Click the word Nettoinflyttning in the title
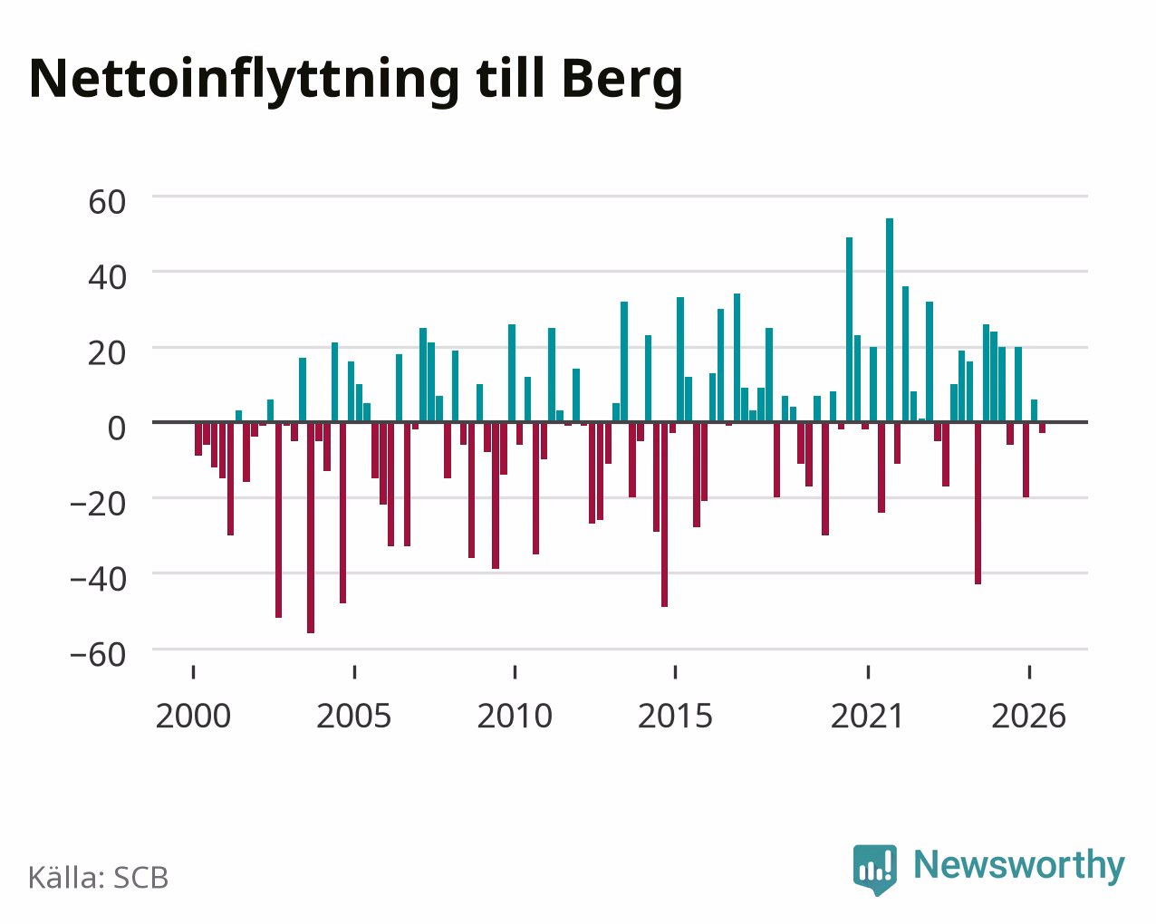point(244,80)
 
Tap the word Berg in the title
point(622,80)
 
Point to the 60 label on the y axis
point(108,203)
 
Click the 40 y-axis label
point(108,278)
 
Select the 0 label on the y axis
point(117,428)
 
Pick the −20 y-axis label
point(99,505)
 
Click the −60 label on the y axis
point(99,655)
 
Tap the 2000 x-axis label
point(193,716)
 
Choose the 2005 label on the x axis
point(354,716)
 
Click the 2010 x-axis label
point(515,716)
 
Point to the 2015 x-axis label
point(675,716)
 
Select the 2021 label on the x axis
point(868,716)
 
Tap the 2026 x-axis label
point(1028,716)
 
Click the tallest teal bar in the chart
point(890,320)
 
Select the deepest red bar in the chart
point(311,527)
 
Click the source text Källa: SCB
point(99,879)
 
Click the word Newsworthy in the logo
point(1019,866)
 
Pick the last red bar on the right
point(1042,428)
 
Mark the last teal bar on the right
point(1034,411)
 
